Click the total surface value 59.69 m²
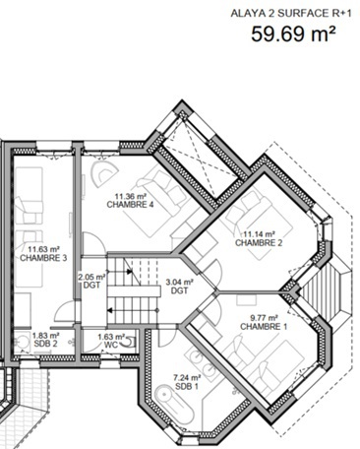pos(294,34)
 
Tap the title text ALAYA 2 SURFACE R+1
pos(291,14)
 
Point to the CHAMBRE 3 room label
pos(43,258)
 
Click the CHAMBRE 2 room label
pos(259,243)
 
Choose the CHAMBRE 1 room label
pos(264,327)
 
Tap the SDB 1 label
pos(187,386)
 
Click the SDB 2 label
pos(46,344)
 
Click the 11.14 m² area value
pos(259,234)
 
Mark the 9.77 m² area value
pos(264,318)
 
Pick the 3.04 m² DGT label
pos(179,286)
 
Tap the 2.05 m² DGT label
pos(91,282)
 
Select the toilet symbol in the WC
pos(129,343)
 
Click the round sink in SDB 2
pos(23,343)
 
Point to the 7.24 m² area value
pos(187,378)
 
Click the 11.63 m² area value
pos(43,249)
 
